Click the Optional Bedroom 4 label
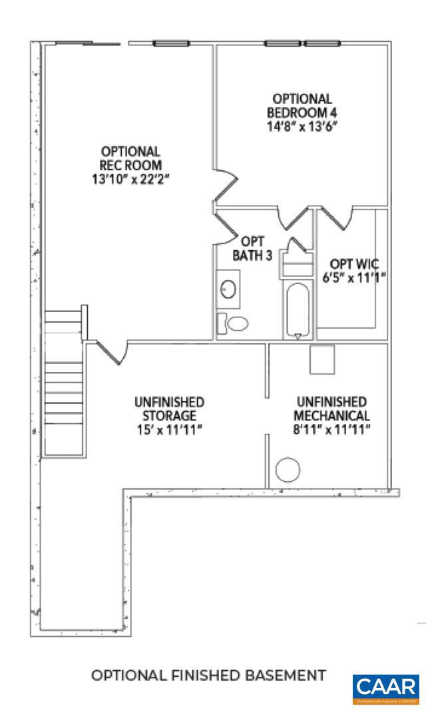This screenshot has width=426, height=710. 298,105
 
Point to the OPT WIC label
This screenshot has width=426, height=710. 355,264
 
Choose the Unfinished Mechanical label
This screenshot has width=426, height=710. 331,409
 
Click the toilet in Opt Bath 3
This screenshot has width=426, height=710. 234,323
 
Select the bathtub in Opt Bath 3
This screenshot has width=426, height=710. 297,310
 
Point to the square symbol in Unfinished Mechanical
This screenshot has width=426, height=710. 321,359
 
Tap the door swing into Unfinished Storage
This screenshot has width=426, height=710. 112,352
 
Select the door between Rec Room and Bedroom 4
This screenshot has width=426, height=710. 225,184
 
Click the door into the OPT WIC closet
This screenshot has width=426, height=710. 339,217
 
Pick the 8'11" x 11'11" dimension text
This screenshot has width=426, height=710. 331,429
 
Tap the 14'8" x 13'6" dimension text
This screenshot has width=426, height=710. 298,125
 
